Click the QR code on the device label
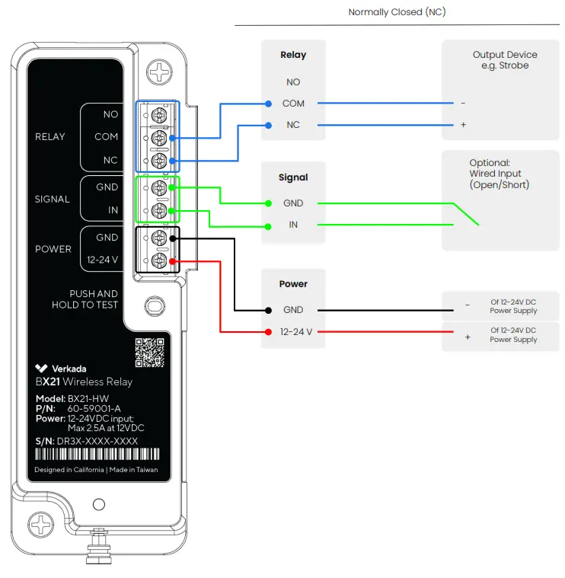[149, 352]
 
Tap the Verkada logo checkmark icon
[42, 369]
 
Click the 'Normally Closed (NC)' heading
[396, 12]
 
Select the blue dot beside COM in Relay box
[268, 104]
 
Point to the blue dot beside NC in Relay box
[268, 125]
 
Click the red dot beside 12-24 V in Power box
[268, 331]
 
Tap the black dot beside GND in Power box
[268, 310]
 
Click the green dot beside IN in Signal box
[268, 225]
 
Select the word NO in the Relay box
[293, 82]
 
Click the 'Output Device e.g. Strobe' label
[505, 60]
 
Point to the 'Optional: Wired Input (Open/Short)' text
[500, 174]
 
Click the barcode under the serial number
[97, 454]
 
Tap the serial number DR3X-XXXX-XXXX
[97, 441]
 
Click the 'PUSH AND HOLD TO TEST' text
[85, 299]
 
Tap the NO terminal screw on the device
[159, 115]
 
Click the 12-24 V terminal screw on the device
[159, 260]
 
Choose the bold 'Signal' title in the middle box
[293, 177]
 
